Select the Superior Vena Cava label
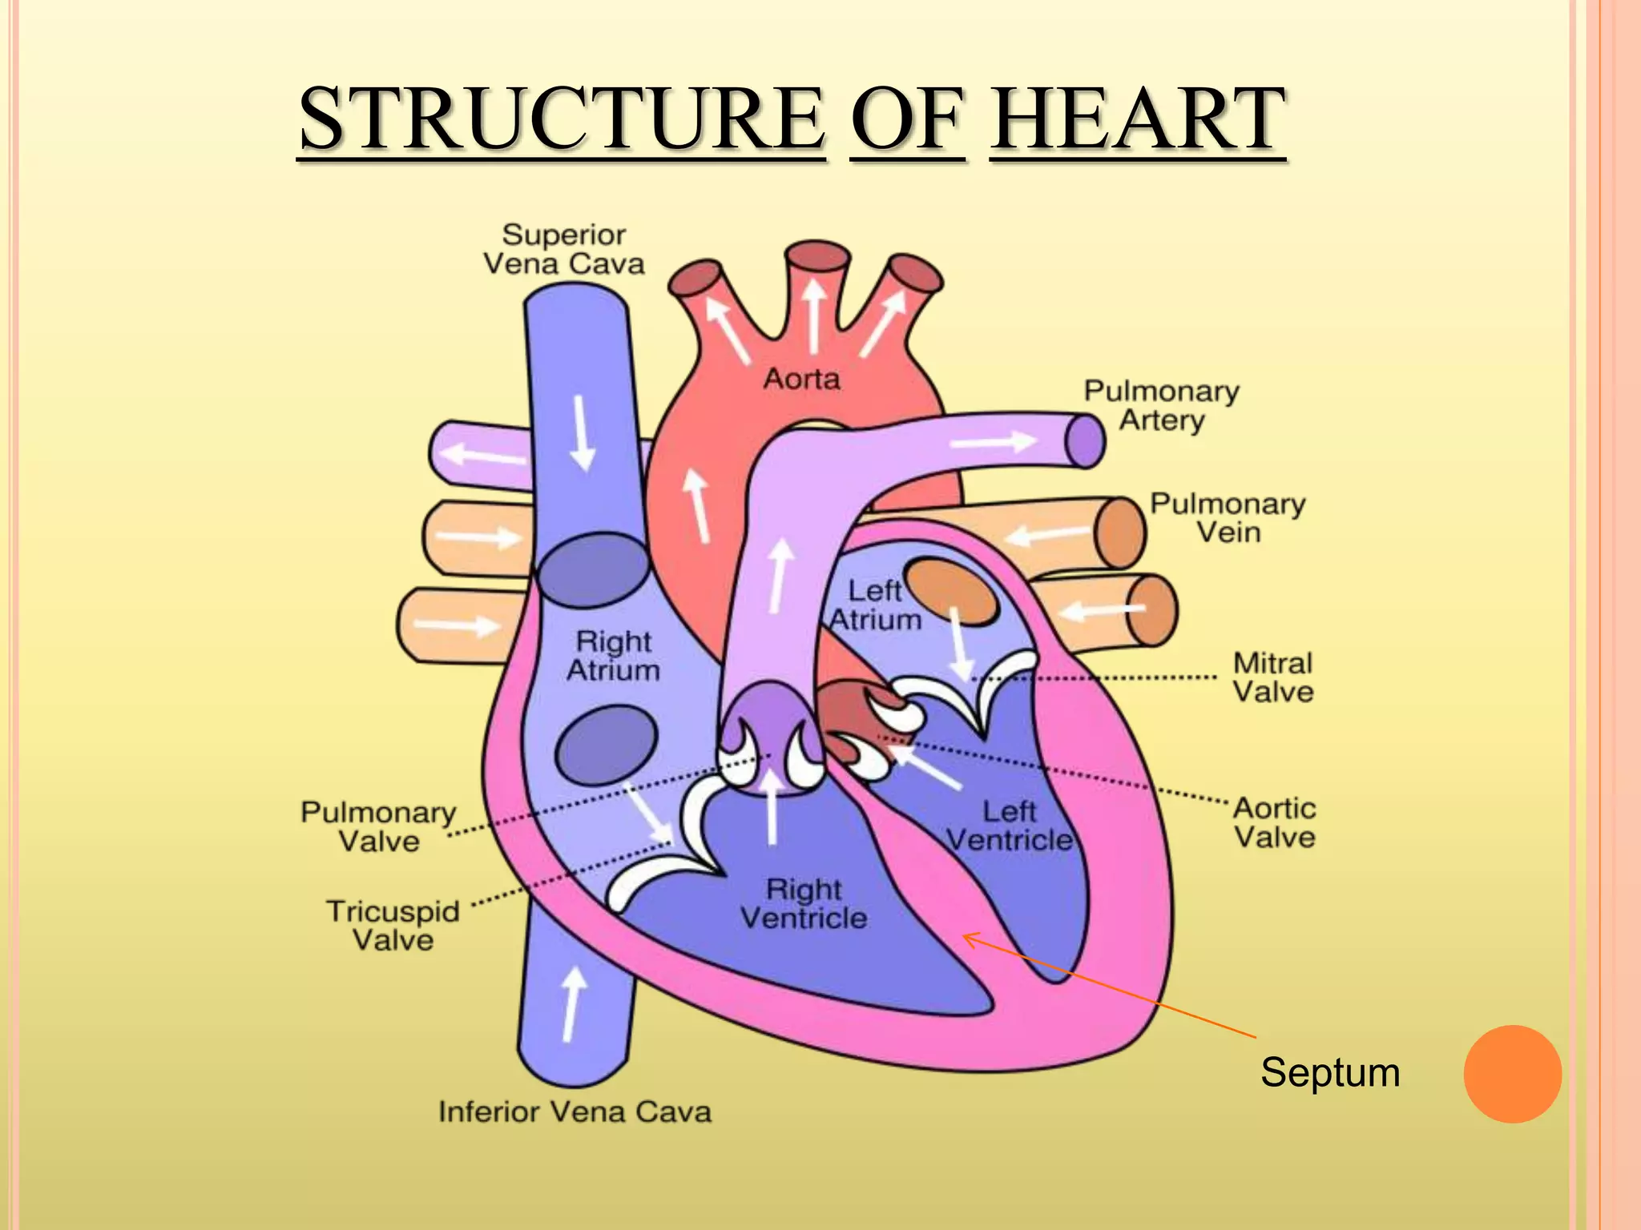pyautogui.click(x=564, y=249)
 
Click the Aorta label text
pyautogui.click(x=801, y=379)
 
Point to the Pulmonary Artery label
pyautogui.click(x=1161, y=405)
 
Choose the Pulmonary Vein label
pyautogui.click(x=1228, y=517)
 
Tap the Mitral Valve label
pyautogui.click(x=1272, y=677)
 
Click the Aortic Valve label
pyautogui.click(x=1274, y=822)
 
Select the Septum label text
pyautogui.click(x=1330, y=1072)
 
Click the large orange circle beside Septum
pyautogui.click(x=1512, y=1074)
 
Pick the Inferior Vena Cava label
pyautogui.click(x=575, y=1111)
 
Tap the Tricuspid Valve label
pyautogui.click(x=393, y=925)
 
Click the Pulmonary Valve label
pyautogui.click(x=378, y=826)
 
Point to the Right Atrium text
pyautogui.click(x=613, y=656)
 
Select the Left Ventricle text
pyautogui.click(x=1010, y=826)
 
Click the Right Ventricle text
pyautogui.click(x=803, y=903)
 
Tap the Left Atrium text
pyautogui.click(x=875, y=605)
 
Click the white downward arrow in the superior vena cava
pyautogui.click(x=583, y=433)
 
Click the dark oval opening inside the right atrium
pyautogui.click(x=607, y=745)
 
